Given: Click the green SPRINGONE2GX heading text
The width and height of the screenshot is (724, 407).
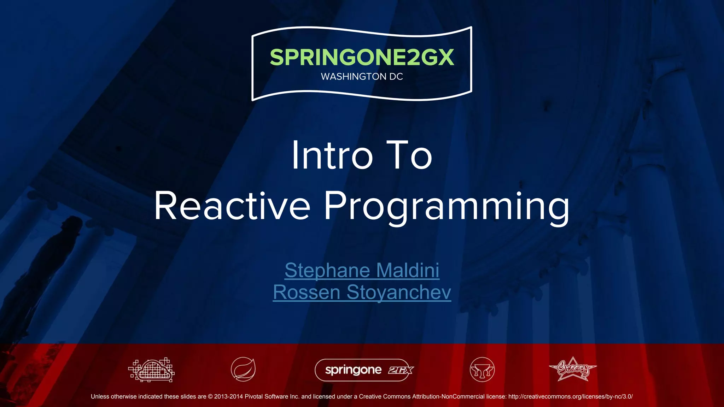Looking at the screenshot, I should pos(362,58).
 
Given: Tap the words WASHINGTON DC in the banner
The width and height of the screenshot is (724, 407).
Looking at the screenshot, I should pos(362,77).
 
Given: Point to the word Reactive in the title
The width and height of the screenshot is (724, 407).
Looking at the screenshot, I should pos(232,206).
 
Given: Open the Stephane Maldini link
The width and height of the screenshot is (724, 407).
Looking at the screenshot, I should pos(362,270).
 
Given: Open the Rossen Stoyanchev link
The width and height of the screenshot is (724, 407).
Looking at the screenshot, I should pos(362,292).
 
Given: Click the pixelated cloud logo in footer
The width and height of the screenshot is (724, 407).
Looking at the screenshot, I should pos(152,370).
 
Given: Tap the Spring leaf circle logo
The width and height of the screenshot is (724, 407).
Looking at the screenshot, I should pos(243,370).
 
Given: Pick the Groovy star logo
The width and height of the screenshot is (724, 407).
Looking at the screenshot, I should pos(573,369).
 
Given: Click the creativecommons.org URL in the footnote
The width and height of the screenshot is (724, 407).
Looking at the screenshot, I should pos(570,396).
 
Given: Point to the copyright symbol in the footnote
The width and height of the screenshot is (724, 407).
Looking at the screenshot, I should pos(210,396).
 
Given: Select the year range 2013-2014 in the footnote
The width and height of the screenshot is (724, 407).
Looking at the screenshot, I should pos(228,396).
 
